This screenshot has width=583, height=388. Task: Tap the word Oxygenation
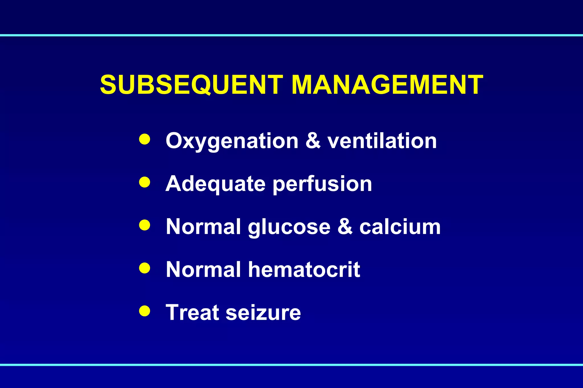click(232, 141)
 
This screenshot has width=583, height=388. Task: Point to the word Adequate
click(215, 184)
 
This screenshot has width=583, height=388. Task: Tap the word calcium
click(400, 227)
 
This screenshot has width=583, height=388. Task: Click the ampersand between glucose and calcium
click(345, 227)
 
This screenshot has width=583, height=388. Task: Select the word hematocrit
click(304, 269)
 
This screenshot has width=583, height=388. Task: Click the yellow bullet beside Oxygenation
click(145, 139)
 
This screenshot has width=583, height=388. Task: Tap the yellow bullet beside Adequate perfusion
click(145, 182)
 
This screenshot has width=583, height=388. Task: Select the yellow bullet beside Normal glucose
click(145, 225)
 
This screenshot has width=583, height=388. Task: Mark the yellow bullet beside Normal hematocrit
click(145, 268)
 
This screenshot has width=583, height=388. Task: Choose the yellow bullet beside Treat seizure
click(145, 311)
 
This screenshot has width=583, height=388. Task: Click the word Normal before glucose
click(204, 227)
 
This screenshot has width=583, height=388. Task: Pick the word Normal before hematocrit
click(204, 269)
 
